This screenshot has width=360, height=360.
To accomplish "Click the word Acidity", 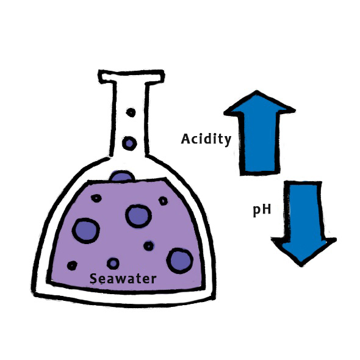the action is pyautogui.click(x=206, y=139).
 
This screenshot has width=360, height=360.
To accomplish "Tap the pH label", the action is pyautogui.click(x=262, y=210).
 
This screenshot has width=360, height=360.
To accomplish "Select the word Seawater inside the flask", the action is pyautogui.click(x=123, y=279).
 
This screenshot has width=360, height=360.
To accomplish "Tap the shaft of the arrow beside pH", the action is pyautogui.click(x=303, y=210).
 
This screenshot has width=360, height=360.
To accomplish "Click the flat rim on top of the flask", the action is pyautogui.click(x=131, y=76).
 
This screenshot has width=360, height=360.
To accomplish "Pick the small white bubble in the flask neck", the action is pyautogui.click(x=131, y=112).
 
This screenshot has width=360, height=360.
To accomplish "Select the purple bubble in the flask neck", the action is pyautogui.click(x=129, y=143).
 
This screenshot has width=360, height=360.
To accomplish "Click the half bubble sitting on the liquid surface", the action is pyautogui.click(x=122, y=176).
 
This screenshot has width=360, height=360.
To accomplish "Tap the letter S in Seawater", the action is pyautogui.click(x=93, y=278).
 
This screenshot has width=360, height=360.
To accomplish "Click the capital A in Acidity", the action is pyautogui.click(x=186, y=139).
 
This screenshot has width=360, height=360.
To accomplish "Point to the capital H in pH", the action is pyautogui.click(x=266, y=209).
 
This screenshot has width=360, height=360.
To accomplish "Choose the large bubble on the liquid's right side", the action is pyautogui.click(x=180, y=261).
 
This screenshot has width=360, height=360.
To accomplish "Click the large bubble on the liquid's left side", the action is pyautogui.click(x=86, y=231).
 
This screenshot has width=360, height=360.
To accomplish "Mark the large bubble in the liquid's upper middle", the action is pyautogui.click(x=139, y=216).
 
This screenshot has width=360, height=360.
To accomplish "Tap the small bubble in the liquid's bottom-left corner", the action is pyautogui.click(x=72, y=265).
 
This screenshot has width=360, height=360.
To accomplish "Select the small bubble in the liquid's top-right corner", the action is pyautogui.click(x=163, y=201).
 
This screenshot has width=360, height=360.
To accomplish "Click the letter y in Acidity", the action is pyautogui.click(x=228, y=140).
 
